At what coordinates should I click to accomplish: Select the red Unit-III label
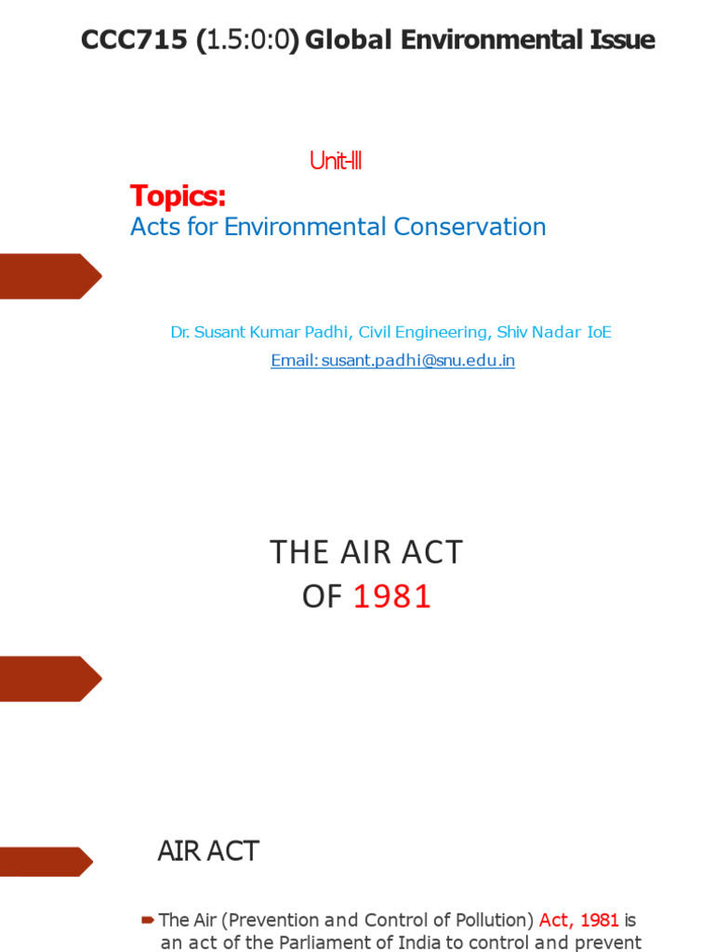(x=335, y=162)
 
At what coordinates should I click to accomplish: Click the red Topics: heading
(x=178, y=196)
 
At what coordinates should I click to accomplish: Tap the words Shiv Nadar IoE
(x=554, y=332)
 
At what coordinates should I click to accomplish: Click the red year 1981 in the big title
(x=393, y=597)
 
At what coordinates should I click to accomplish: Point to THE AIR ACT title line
(x=366, y=552)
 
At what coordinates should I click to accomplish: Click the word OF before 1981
(x=323, y=597)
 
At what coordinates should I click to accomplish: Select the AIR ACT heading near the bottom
(x=207, y=852)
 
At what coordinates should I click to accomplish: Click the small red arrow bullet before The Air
(x=147, y=920)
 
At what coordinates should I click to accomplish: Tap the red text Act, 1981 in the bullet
(x=578, y=920)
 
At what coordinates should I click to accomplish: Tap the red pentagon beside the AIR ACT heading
(x=45, y=861)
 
